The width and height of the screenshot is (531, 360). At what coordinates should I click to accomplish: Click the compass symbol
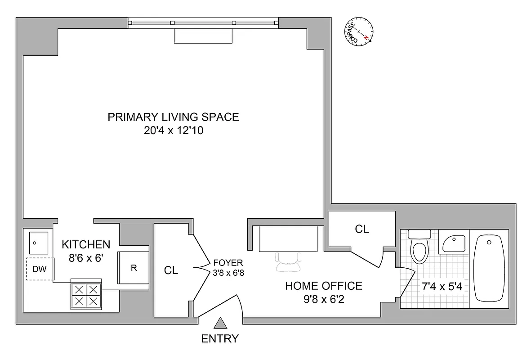coord(360,31)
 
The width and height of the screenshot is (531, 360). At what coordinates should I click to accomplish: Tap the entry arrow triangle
coord(220,323)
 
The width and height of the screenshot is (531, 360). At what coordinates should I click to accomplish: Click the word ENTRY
coord(220,339)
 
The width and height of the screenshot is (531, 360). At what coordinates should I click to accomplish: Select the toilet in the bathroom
coord(420,247)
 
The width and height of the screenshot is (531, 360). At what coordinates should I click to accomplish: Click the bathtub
coord(490,269)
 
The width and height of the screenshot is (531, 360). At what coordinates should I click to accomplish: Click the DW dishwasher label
coord(38,269)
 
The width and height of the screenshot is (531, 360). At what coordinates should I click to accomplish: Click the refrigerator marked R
coord(133,268)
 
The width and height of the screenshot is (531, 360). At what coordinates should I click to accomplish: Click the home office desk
coord(288,238)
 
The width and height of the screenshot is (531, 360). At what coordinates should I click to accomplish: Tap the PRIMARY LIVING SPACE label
coord(173,117)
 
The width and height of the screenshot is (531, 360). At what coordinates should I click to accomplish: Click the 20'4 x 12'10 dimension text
coord(173,131)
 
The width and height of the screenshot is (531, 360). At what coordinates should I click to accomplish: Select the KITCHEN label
coord(85,244)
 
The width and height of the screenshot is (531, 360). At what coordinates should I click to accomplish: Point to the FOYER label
coord(228,262)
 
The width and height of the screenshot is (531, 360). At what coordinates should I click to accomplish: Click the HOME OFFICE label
coord(323,286)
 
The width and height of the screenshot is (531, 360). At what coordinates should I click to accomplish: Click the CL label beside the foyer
coord(171,270)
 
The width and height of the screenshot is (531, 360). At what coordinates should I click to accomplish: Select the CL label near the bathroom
coord(362,229)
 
